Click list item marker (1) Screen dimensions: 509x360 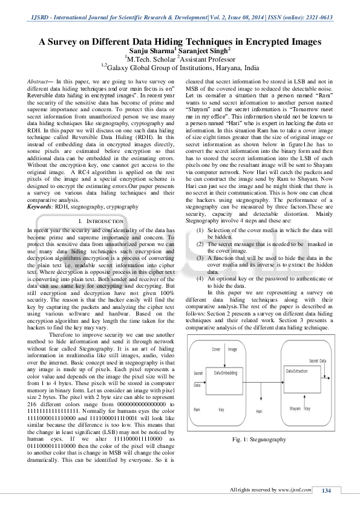point(200,230)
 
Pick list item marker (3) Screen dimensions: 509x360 point(200,258)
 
